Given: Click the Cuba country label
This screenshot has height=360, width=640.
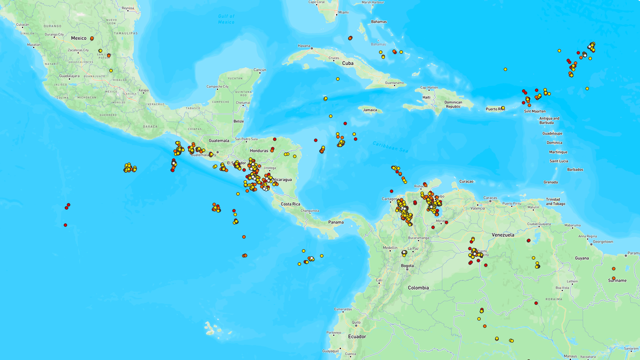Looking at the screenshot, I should pyautogui.click(x=348, y=63).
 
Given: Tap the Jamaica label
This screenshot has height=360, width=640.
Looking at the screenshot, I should pyautogui.click(x=370, y=110).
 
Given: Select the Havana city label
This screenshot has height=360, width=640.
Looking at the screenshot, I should pyautogui.click(x=304, y=46).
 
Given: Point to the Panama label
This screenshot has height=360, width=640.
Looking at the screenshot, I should pyautogui.click(x=336, y=222).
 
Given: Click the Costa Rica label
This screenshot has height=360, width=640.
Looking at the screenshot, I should pyautogui.click(x=290, y=204).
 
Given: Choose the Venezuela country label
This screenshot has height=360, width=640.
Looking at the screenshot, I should pyautogui.click(x=503, y=235).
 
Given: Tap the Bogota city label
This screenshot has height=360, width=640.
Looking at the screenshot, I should pyautogui.click(x=407, y=266).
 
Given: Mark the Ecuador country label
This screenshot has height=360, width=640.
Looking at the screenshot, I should pyautogui.click(x=357, y=337).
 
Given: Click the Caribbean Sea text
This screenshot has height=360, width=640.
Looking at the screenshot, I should pyautogui.click(x=390, y=147).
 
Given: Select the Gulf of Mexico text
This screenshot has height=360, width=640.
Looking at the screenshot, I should pyautogui.click(x=226, y=19).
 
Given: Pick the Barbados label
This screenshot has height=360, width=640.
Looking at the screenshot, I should pyautogui.click(x=575, y=170).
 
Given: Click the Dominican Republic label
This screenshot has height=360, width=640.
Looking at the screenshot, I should pyautogui.click(x=453, y=105).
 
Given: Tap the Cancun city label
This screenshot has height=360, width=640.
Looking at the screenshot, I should pyautogui.click(x=260, y=70).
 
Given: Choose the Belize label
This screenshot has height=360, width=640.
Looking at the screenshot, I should pyautogui.click(x=239, y=121).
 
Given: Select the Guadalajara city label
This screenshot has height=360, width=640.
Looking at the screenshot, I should pyautogui.click(x=69, y=76).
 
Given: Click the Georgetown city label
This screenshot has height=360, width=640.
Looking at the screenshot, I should pyautogui.click(x=603, y=242).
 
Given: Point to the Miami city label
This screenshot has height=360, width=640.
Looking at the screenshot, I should pyautogui.click(x=343, y=12).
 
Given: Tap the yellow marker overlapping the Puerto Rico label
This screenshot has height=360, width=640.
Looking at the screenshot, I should pyautogui.click(x=503, y=108).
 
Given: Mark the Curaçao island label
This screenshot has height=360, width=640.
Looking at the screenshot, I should pyautogui.click(x=466, y=181).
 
